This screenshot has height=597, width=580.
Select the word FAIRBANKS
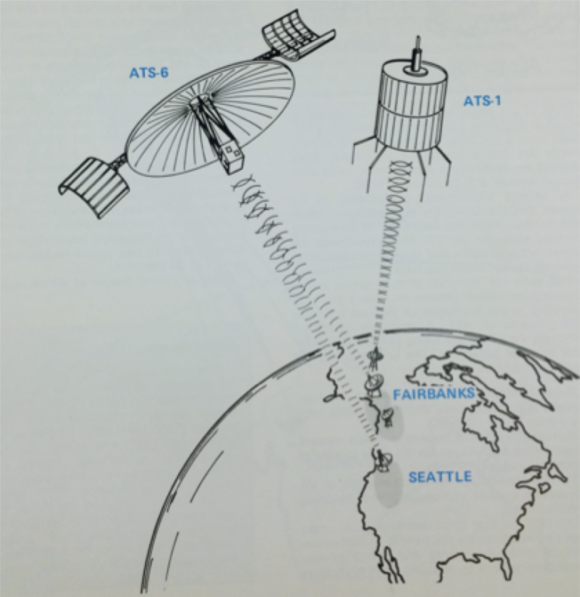click(x=433, y=394)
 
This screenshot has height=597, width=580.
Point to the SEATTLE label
click(x=440, y=477)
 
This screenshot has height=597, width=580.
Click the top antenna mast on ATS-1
click(x=415, y=50)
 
